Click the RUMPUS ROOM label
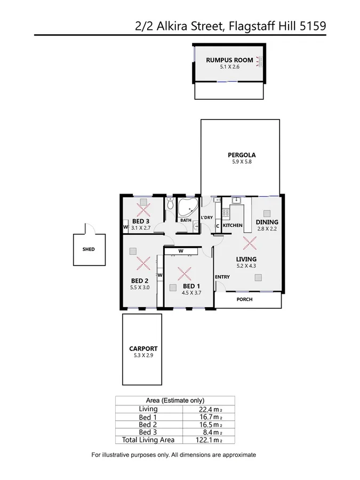click(229, 60)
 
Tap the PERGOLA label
click(239, 156)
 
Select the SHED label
click(89, 249)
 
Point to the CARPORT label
click(142, 349)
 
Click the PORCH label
click(244, 299)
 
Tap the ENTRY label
click(222, 277)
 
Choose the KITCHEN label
click(233, 226)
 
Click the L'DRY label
click(207, 218)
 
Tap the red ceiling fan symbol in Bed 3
click(143, 207)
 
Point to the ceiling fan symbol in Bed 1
click(185, 274)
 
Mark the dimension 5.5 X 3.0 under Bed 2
click(140, 287)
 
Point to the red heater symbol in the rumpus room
click(260, 62)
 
